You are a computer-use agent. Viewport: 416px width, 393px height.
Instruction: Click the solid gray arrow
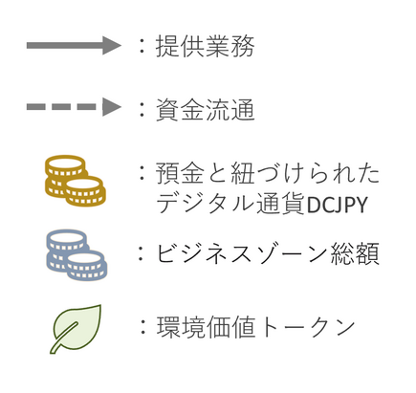(74, 45)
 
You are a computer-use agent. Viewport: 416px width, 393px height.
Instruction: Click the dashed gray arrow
(74, 106)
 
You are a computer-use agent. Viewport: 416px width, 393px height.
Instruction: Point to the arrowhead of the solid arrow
(112, 45)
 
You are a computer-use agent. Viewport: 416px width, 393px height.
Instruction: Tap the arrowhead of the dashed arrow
(112, 106)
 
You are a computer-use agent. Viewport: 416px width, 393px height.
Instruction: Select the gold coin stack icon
(76, 181)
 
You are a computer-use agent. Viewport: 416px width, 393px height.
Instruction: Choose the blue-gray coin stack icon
(77, 255)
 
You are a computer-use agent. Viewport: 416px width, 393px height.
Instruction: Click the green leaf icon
(76, 329)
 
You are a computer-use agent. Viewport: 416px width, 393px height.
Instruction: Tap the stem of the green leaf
(55, 348)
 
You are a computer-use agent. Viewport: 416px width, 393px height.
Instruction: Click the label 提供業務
(205, 46)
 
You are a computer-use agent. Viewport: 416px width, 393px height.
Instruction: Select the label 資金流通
(205, 109)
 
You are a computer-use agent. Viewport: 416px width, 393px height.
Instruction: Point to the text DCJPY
(337, 205)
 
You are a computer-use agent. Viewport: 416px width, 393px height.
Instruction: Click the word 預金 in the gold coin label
(180, 173)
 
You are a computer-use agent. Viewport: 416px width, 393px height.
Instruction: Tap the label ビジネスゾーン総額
(268, 253)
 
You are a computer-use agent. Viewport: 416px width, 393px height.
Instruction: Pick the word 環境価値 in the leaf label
(206, 327)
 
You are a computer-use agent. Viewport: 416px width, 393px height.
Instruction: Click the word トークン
(305, 327)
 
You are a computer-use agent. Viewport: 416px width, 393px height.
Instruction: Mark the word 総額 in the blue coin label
(355, 253)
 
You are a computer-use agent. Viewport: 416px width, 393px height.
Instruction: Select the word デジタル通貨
(230, 204)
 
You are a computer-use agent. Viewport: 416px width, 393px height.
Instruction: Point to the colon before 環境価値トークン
(142, 327)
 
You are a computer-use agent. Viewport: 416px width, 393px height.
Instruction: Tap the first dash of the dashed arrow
(35, 106)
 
